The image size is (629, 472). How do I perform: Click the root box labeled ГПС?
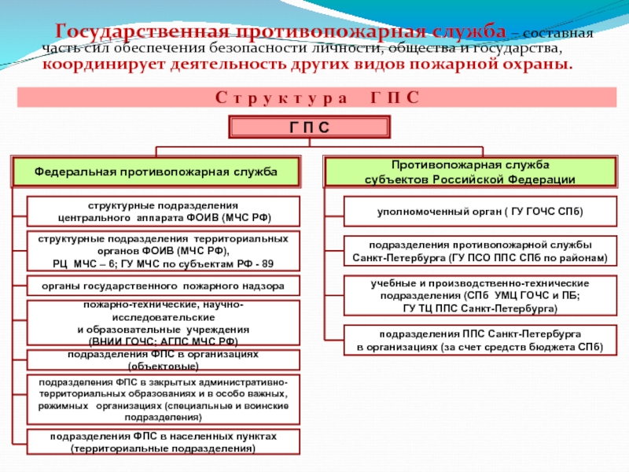point(308,128)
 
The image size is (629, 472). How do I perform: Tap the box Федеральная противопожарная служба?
point(156,171)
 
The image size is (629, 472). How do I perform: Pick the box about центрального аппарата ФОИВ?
point(164,211)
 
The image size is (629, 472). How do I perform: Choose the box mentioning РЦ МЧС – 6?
point(164,251)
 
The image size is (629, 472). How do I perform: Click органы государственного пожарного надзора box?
point(164,286)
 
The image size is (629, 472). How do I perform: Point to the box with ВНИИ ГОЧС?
point(164,323)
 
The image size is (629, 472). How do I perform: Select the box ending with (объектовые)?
point(164,360)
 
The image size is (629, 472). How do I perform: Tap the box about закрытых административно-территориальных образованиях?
point(164,400)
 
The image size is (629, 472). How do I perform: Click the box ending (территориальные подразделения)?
point(164,442)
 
